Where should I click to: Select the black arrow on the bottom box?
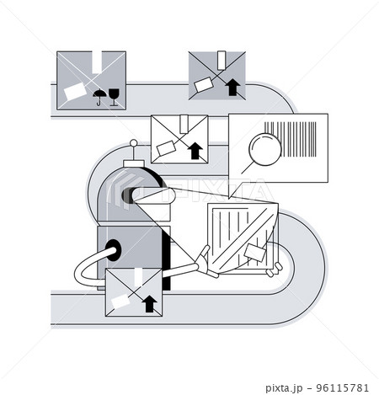[150, 302]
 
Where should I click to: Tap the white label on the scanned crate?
[256, 251]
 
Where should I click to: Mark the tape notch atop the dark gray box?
[99, 60]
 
